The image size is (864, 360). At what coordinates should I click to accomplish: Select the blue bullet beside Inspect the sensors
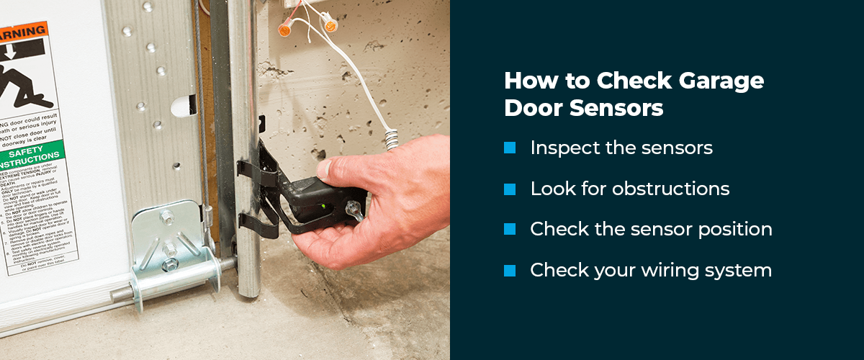click(510, 148)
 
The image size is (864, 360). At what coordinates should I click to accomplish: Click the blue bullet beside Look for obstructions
click(510, 189)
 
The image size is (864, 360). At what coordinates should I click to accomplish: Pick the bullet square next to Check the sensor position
click(510, 229)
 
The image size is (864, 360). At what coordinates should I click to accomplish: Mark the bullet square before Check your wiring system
click(510, 270)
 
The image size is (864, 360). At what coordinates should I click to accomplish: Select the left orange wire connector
click(285, 29)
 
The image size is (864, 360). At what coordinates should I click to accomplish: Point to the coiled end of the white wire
click(392, 138)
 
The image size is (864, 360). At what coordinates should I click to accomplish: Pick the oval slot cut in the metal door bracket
click(183, 106)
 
